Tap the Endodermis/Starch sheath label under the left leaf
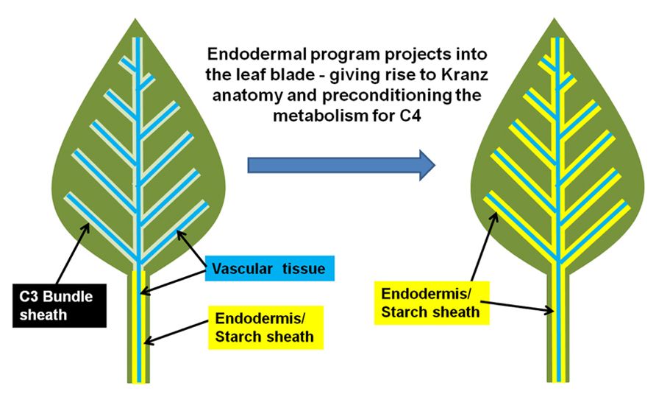tap(263, 327)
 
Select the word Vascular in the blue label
tap(243, 269)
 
